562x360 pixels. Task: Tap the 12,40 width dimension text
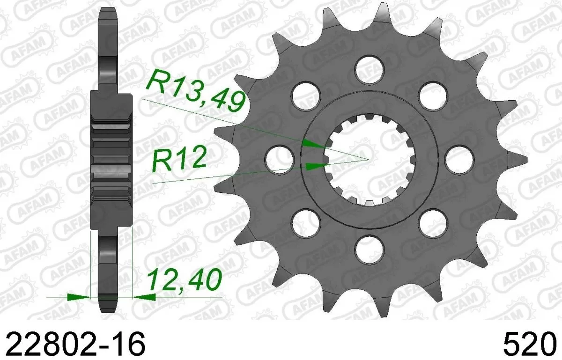pyautogui.click(x=184, y=279)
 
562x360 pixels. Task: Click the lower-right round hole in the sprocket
pyautogui.click(x=432, y=223)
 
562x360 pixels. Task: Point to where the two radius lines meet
pyautogui.click(x=369, y=159)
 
